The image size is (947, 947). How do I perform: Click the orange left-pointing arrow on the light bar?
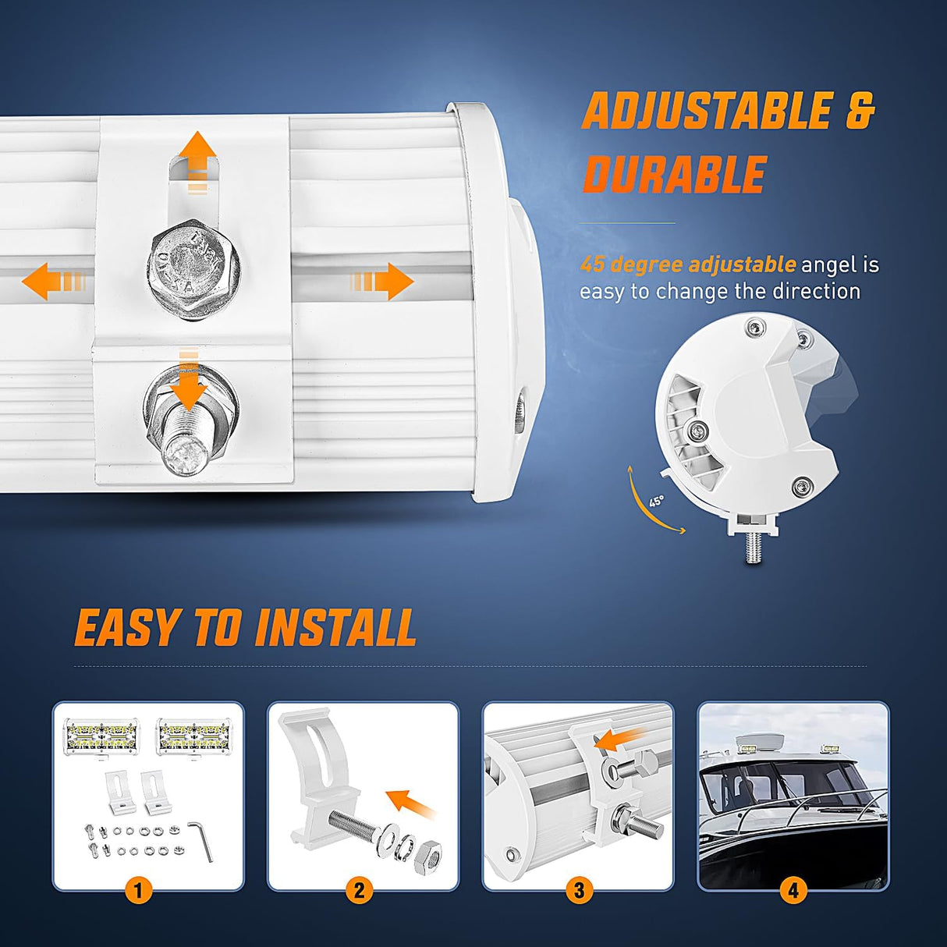pos(54,281)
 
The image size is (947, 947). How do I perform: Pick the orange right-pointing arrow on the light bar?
pos(381,281)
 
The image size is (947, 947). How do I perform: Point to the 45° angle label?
pos(657,502)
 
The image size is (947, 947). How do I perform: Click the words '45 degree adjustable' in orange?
pos(687,264)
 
